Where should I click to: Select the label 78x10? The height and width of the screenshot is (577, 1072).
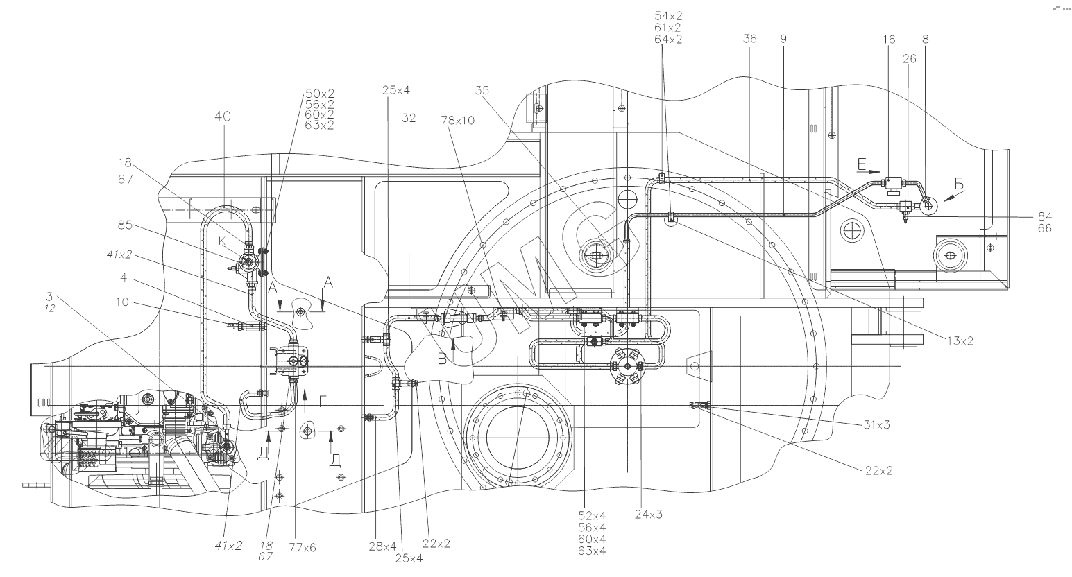[x=457, y=120]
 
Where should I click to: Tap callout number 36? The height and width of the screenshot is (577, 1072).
[x=749, y=40]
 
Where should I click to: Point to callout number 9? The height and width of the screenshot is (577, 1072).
[x=783, y=40]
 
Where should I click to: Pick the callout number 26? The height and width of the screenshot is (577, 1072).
[x=909, y=59]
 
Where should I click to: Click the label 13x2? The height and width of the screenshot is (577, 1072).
[x=961, y=340]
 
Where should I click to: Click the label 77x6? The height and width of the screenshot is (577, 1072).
[x=303, y=547]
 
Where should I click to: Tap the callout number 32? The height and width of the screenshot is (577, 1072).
[x=409, y=119]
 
